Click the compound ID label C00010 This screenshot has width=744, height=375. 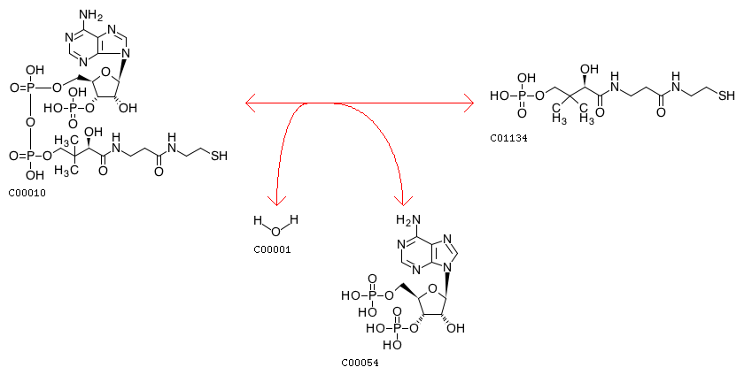coord(27,192)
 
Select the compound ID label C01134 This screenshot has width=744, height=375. coord(508,138)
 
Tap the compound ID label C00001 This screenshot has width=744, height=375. coord(272,249)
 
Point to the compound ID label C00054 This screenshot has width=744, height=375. coord(360,363)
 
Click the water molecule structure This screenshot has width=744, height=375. coord(275,226)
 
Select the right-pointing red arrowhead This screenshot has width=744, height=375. coord(470,104)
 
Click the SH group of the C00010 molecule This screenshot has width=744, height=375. coord(219,157)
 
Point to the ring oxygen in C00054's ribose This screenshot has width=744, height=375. coord(431,286)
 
